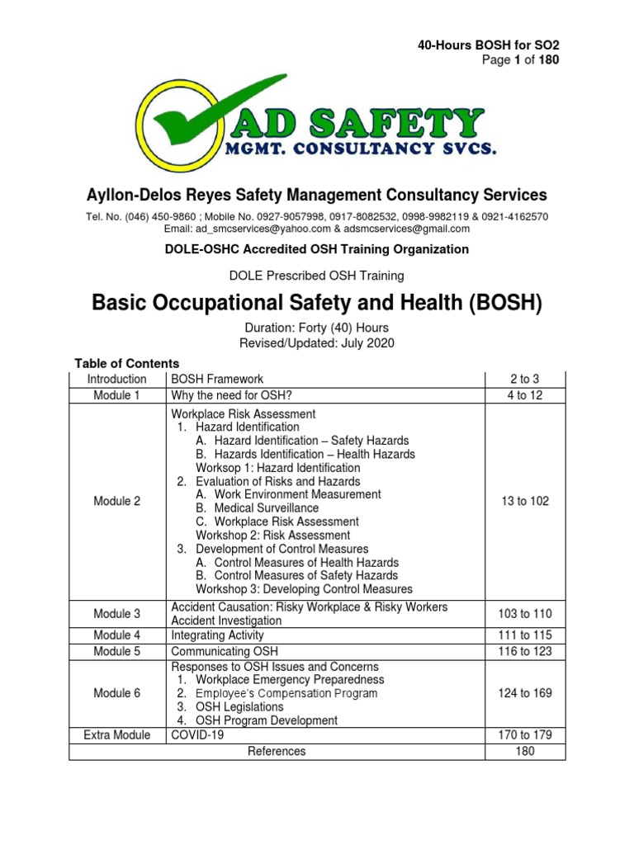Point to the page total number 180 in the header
click(549, 60)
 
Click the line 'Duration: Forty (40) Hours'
click(317, 328)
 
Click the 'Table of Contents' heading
click(127, 363)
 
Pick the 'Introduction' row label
click(117, 379)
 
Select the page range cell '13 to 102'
click(524, 501)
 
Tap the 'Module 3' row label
click(117, 614)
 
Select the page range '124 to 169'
click(524, 693)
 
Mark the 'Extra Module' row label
click(117, 734)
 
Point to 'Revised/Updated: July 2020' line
click(317, 342)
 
